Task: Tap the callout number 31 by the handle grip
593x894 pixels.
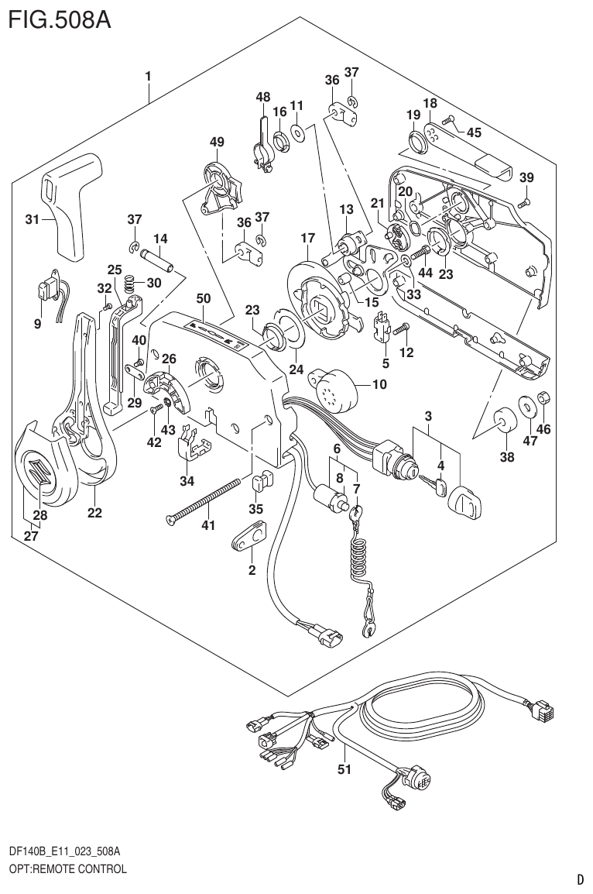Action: [32, 220]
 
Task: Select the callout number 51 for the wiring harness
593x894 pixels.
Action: [344, 769]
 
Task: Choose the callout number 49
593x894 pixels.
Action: [216, 142]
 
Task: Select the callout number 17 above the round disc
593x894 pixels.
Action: [307, 239]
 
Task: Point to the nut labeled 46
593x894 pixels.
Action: [544, 398]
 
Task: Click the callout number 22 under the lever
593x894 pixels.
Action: [94, 513]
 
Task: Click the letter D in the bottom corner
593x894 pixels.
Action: [579, 879]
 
